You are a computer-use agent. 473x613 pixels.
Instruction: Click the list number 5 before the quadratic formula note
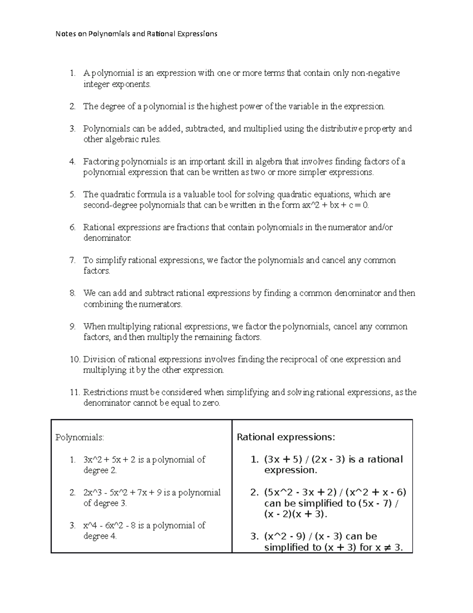pyautogui.click(x=72, y=195)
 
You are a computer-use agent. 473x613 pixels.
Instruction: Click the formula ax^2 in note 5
pyautogui.click(x=306, y=205)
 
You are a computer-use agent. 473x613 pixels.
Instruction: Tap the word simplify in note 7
pyautogui.click(x=111, y=261)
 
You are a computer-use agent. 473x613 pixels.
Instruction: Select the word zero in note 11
pyautogui.click(x=210, y=403)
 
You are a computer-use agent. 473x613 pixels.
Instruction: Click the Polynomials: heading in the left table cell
pyautogui.click(x=80, y=437)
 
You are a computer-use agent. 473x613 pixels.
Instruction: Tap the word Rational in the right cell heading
pyautogui.click(x=255, y=437)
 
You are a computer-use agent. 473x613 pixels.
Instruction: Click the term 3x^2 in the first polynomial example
pyautogui.click(x=92, y=460)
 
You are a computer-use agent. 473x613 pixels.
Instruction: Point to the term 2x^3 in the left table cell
pyautogui.click(x=92, y=493)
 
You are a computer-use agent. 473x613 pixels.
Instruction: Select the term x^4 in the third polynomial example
pyautogui.click(x=90, y=525)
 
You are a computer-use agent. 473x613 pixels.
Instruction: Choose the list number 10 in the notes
pyautogui.click(x=74, y=360)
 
